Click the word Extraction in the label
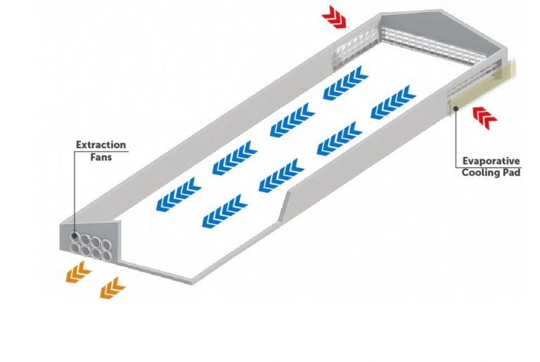(x=101, y=145)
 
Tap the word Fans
(x=101, y=157)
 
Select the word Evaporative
(x=490, y=160)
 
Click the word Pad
(x=513, y=172)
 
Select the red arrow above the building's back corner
(x=335, y=17)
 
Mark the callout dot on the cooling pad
(x=456, y=108)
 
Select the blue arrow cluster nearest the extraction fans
(x=178, y=195)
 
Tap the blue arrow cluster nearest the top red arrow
(x=347, y=82)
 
